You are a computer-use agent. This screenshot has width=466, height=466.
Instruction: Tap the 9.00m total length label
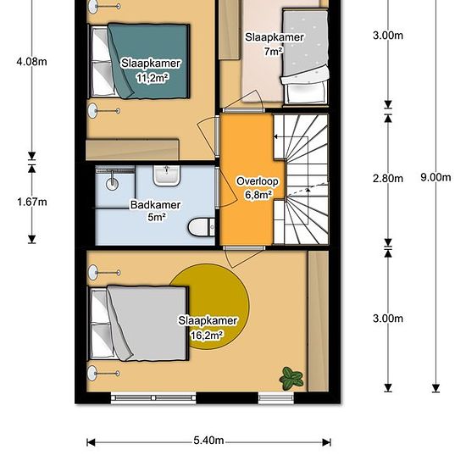(x=435, y=177)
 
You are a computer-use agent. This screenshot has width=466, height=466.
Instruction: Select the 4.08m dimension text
(x=32, y=62)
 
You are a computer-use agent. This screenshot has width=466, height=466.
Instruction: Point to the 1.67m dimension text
(x=32, y=202)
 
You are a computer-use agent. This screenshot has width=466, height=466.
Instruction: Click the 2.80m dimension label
(x=388, y=178)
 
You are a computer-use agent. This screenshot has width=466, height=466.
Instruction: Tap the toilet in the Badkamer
(x=202, y=227)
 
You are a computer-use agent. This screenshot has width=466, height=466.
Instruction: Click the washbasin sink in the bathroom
(x=167, y=175)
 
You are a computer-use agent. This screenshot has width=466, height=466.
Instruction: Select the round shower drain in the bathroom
(x=112, y=184)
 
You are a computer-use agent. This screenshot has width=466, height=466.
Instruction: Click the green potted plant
(x=291, y=379)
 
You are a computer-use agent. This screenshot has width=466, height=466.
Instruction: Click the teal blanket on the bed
(x=148, y=61)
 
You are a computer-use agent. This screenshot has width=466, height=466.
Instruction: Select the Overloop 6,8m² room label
(x=258, y=188)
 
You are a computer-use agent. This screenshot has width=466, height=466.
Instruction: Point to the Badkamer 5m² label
(x=155, y=211)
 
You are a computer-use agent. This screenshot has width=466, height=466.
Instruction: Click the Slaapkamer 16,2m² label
(x=208, y=328)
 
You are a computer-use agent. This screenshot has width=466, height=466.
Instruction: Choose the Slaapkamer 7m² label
(x=274, y=44)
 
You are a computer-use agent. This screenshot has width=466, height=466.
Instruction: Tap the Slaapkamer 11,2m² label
(x=151, y=70)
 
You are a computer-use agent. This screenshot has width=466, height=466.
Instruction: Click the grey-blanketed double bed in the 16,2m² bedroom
(x=138, y=324)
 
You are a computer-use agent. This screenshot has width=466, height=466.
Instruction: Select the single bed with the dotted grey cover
(x=305, y=57)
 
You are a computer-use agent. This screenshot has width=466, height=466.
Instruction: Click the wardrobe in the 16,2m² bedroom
(x=318, y=321)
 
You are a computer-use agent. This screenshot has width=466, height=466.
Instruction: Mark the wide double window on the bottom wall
(x=153, y=398)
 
